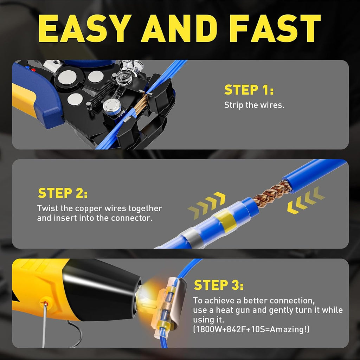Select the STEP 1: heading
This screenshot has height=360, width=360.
tap(249, 90)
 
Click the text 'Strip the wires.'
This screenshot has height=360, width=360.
tap(254, 105)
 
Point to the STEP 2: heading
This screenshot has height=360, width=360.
tap(63, 193)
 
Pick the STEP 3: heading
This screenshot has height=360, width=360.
tap(219, 285)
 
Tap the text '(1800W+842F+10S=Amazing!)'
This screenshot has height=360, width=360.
tap(251, 329)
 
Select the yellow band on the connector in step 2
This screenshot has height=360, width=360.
tap(226, 221)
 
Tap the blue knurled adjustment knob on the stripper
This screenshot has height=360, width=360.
tap(111, 107)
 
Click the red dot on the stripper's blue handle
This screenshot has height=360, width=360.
tap(33, 70)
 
